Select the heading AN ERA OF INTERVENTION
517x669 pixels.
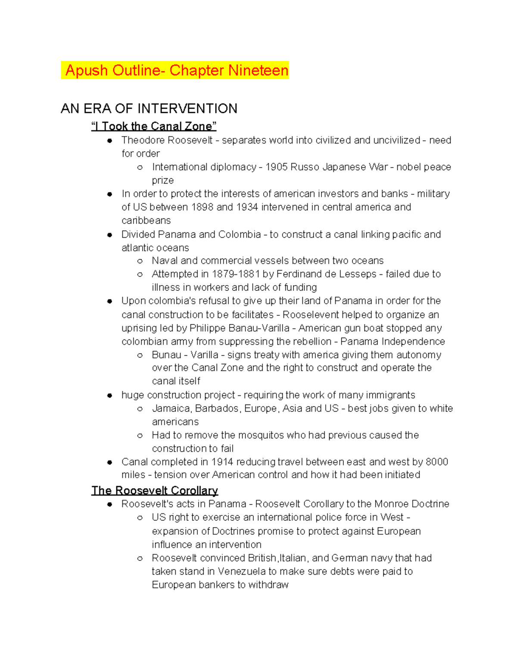coord(149,109)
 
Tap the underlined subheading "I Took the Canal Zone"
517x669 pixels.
coord(154,126)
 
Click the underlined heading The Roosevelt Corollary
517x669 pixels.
coord(155,491)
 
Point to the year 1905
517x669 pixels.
coord(277,167)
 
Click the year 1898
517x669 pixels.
coord(202,207)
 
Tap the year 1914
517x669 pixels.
coord(222,462)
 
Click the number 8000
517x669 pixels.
coord(437,462)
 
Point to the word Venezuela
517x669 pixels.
coord(241,572)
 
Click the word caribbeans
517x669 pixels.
coord(146,221)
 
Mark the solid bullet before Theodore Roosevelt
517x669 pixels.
coord(109,140)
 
